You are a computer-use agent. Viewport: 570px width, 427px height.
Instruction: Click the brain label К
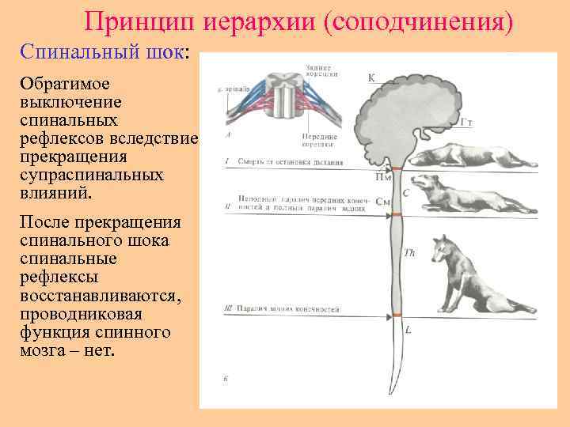[371, 77]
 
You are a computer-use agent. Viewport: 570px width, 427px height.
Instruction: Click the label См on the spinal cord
[383, 202]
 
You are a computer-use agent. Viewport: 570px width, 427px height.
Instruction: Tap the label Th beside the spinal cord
[409, 253]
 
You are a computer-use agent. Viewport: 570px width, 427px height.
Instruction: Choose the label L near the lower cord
[408, 328]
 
